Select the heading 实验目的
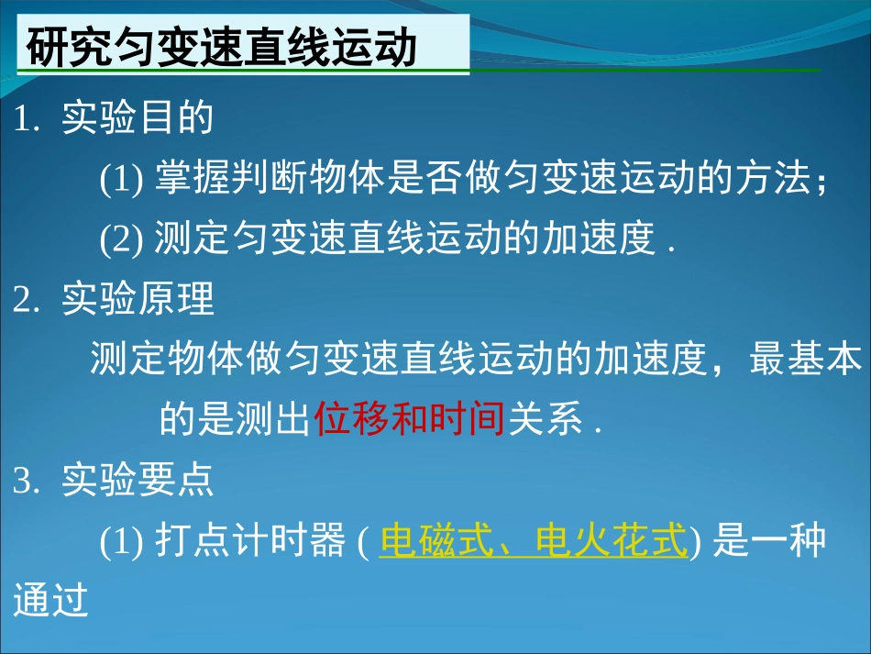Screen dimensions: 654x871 138,119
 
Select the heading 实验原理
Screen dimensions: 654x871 138,300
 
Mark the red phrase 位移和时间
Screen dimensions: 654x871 410,420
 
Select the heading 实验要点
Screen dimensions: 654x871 138,481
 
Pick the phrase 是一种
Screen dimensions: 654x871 770,541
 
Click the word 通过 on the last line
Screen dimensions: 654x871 51,601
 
